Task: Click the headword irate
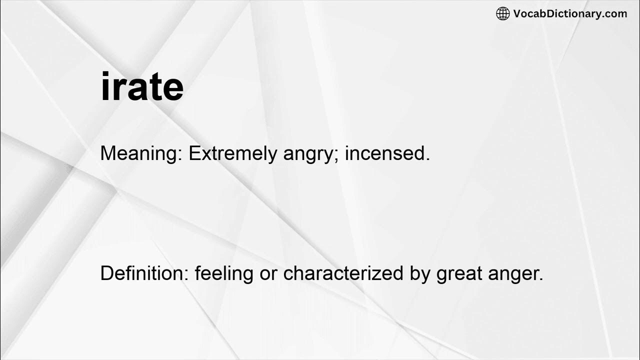pos(142,87)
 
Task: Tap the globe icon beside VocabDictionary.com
pos(502,14)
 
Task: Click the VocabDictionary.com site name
pos(570,14)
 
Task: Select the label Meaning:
pos(141,153)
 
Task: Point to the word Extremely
pos(232,153)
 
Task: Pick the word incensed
pos(387,153)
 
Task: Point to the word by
pos(419,274)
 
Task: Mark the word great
pos(459,274)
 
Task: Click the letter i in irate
pos(105,86)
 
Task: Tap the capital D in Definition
pos(106,273)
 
